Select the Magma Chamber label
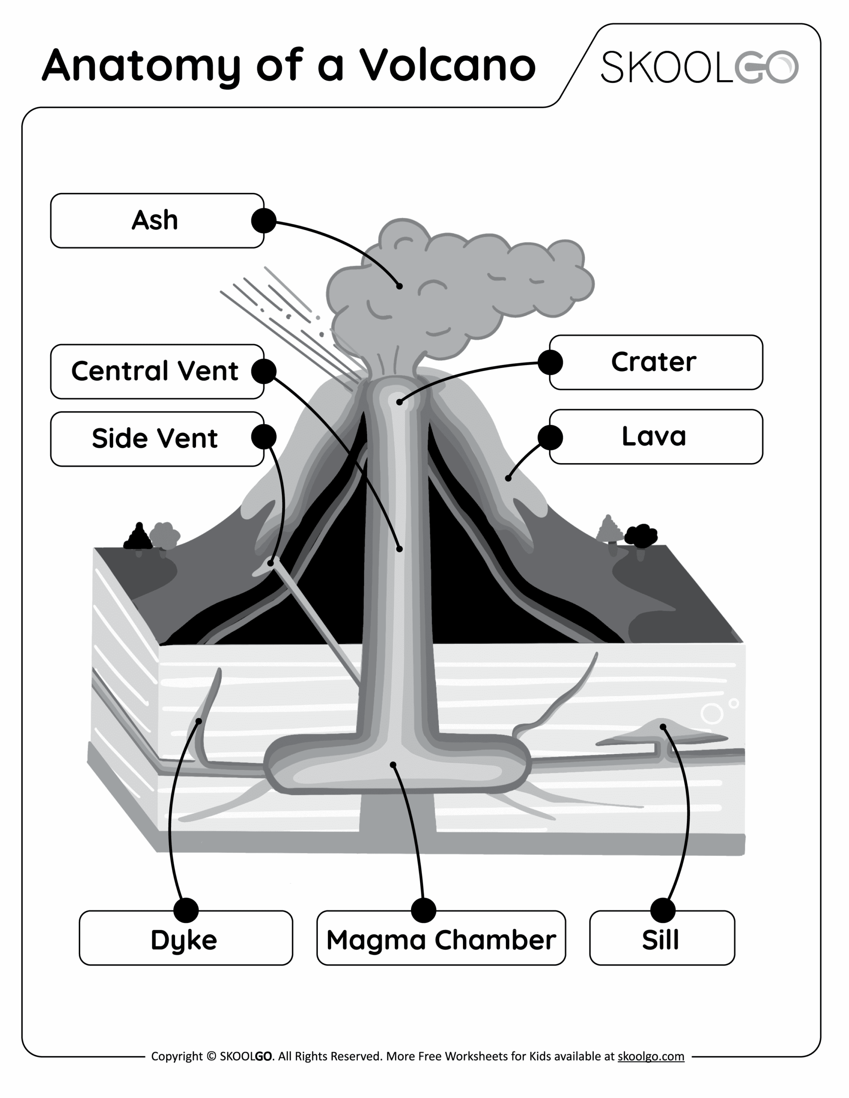441,940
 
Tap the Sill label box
662,940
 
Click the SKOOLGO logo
699,67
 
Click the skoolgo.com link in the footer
650,1056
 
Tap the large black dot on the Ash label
263,221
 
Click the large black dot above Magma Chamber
423,911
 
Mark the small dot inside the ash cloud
399,287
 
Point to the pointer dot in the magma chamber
393,765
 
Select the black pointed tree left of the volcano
138,537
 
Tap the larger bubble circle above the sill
711,713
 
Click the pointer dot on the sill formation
663,727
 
